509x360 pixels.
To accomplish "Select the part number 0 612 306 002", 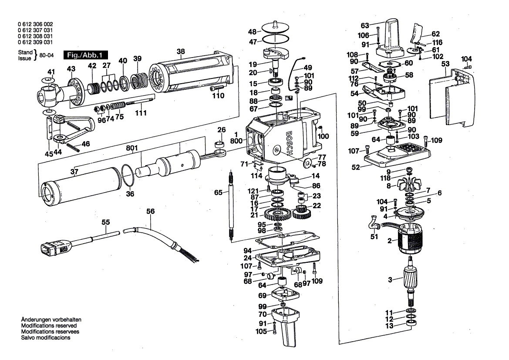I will click(x=36, y=24).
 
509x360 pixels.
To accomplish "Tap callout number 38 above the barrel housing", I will click(x=181, y=51).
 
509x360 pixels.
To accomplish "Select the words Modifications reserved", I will click(x=49, y=326).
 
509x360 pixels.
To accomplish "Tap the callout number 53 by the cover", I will click(x=445, y=64).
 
